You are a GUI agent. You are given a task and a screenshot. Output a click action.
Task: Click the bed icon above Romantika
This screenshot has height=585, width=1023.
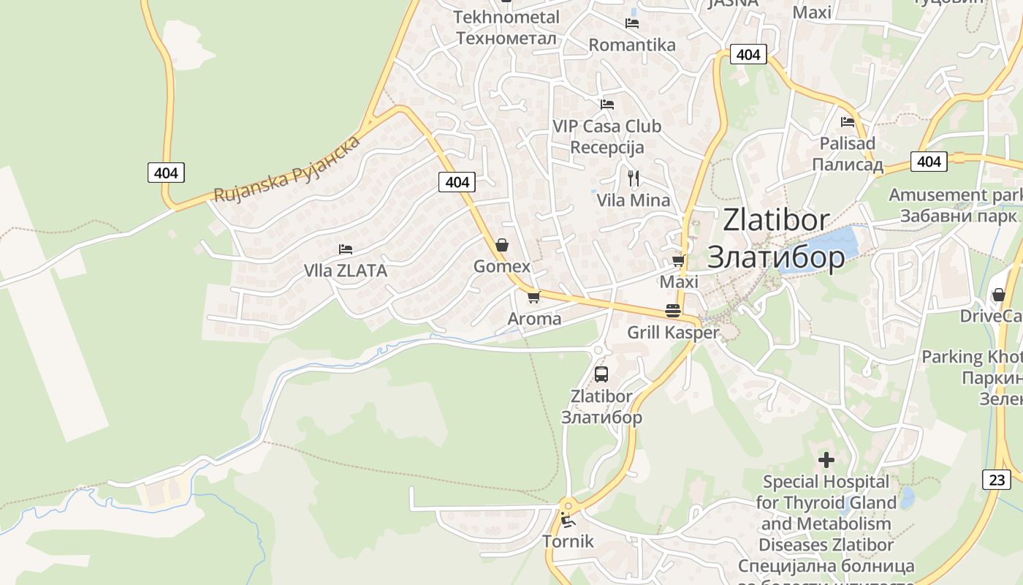tap(632, 23)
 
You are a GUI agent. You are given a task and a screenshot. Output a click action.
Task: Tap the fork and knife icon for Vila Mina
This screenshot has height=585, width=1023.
tap(634, 178)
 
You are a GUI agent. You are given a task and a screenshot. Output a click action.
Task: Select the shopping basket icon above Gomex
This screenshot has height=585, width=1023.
tap(502, 244)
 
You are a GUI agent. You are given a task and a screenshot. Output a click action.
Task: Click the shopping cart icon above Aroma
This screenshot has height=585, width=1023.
tap(533, 297)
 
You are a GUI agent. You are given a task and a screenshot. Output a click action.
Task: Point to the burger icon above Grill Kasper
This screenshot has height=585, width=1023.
tap(673, 311)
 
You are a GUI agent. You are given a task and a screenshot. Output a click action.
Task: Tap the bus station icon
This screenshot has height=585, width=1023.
tap(601, 374)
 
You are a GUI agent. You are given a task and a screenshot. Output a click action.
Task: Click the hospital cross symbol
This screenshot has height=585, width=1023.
tap(826, 460)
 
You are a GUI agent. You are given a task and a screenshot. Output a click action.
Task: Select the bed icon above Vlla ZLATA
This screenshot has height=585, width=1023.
tap(346, 249)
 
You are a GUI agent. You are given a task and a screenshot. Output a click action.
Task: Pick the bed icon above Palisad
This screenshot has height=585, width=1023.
tap(848, 121)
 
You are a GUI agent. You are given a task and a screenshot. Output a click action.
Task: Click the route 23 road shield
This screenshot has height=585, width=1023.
tap(997, 480)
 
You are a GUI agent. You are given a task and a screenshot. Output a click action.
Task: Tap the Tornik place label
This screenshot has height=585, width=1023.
tap(568, 542)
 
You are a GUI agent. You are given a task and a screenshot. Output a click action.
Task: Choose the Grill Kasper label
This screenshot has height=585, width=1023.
tap(673, 333)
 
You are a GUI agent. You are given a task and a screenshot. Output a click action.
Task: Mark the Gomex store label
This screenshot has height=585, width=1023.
tap(502, 266)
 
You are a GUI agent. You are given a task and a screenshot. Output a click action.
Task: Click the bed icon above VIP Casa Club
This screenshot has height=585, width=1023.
tap(606, 105)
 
